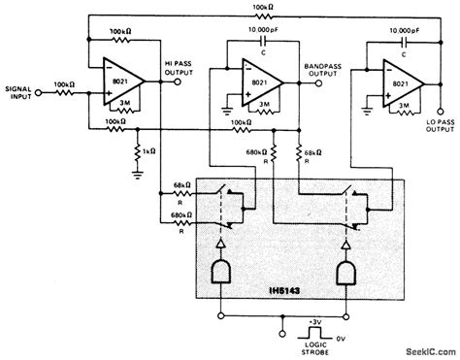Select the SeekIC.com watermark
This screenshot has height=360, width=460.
pos(426,351)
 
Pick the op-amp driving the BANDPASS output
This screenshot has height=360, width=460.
pos(253,83)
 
